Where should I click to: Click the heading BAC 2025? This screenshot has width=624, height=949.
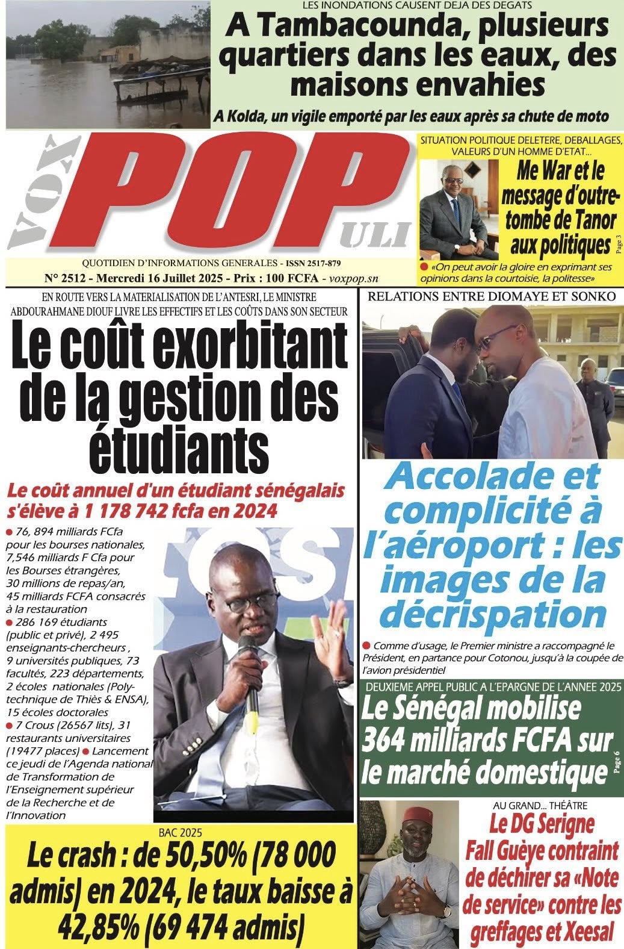click(x=181, y=833)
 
